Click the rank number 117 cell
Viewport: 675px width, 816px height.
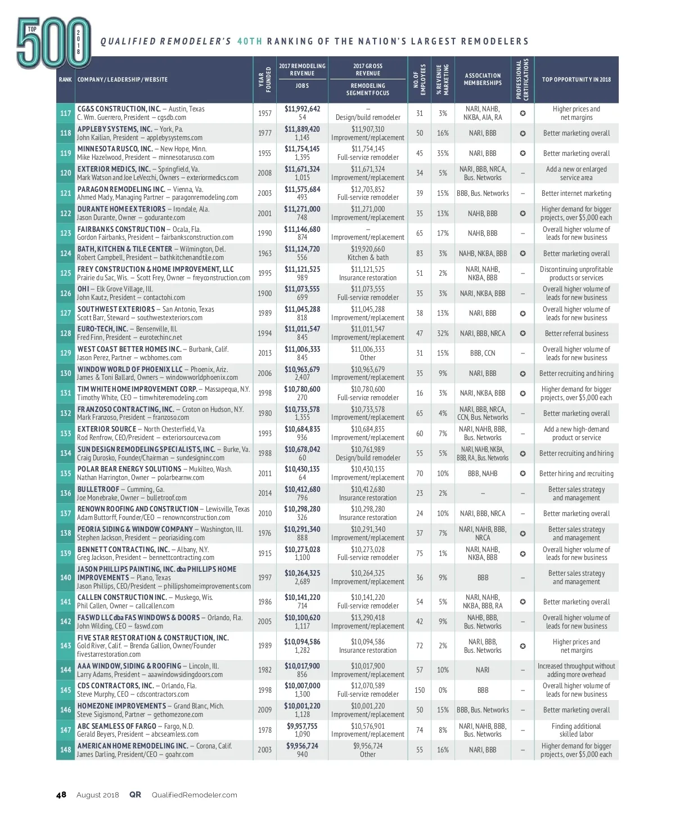tap(65, 113)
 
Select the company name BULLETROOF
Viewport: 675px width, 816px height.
tap(98, 489)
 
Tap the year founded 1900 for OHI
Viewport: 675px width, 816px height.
tap(265, 293)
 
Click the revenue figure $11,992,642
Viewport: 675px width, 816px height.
tap(302, 109)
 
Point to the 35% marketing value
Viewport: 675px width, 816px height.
tap(443, 153)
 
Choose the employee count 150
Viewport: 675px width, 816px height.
tap(420, 690)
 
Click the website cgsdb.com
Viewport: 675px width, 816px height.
tap(172, 118)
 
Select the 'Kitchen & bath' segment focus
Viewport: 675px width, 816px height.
tap(368, 257)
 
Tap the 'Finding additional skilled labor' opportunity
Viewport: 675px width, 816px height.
tap(576, 730)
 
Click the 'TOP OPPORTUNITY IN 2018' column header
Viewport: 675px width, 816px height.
tap(576, 79)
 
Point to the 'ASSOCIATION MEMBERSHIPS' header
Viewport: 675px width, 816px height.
tap(483, 79)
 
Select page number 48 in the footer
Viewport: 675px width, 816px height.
tap(61, 795)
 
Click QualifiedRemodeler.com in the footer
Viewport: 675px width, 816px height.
tap(195, 795)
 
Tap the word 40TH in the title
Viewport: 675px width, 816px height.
tap(250, 41)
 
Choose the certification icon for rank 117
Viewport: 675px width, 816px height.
tap(523, 113)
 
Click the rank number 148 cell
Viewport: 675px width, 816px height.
tap(65, 750)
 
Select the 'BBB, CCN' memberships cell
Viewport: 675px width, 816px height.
tap(483, 353)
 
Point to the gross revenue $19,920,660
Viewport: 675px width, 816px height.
tap(368, 249)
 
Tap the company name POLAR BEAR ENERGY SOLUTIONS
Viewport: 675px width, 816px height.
tap(129, 469)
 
